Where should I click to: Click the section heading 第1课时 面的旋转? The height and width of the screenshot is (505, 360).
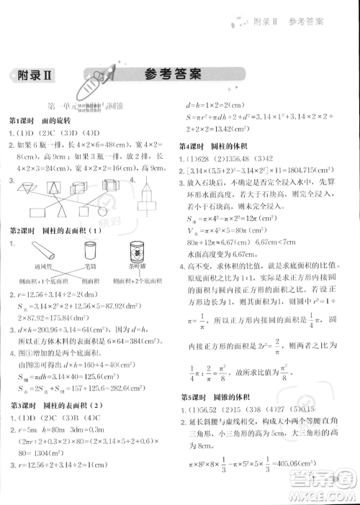40,119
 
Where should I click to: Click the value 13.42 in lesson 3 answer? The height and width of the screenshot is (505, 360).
226,130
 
